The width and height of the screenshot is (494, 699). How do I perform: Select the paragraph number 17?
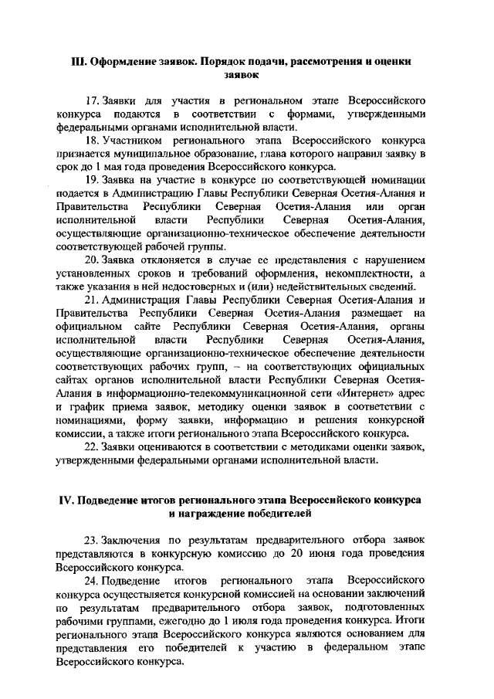pos(93,100)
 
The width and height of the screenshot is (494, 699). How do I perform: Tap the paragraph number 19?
pos(93,179)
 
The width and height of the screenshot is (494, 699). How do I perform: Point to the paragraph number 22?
pos(93,447)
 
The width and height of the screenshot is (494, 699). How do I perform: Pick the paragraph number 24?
pos(93,579)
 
